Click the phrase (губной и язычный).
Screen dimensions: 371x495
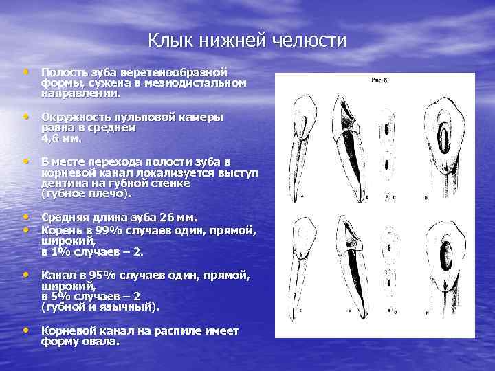pos(100,307)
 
